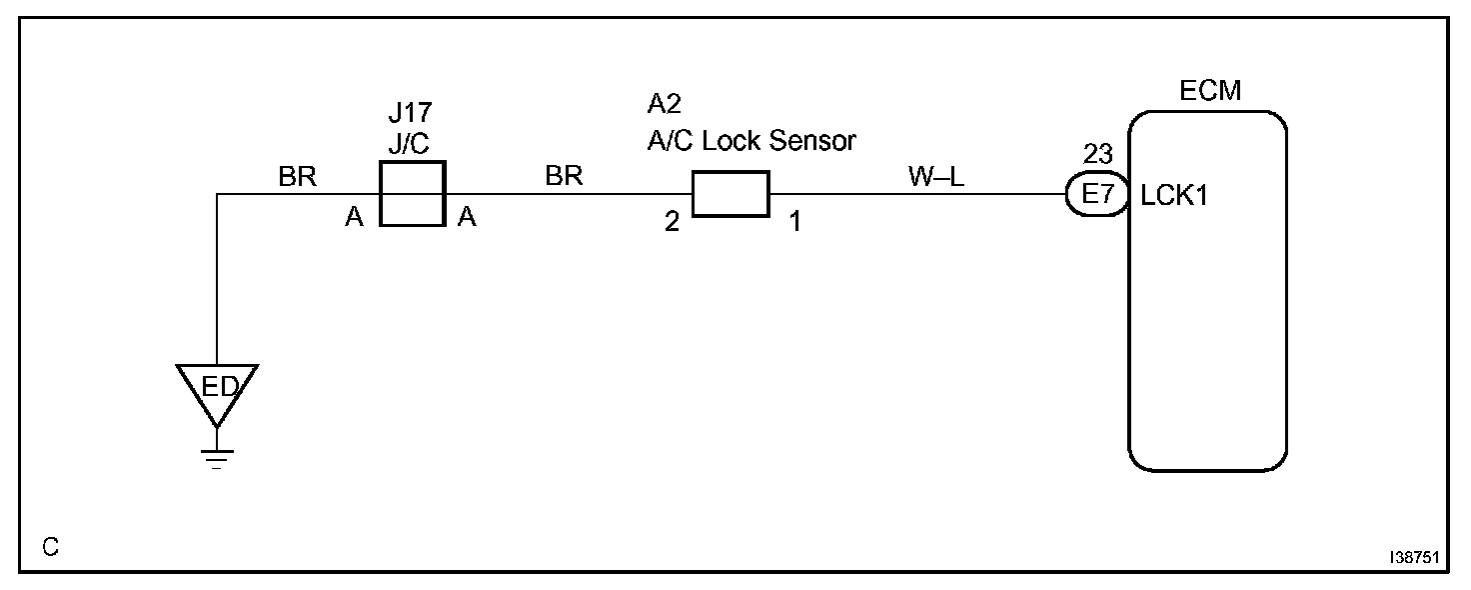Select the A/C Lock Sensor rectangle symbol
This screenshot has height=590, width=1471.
coord(730,193)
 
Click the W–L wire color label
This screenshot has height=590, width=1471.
coord(935,176)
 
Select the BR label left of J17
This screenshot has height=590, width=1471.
coord(297,177)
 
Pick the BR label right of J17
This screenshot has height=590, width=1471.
coord(564,176)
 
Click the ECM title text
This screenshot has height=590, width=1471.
coord(1210,91)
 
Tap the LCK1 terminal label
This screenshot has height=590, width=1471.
coord(1174,195)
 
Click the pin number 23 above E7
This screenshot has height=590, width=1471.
coord(1097,156)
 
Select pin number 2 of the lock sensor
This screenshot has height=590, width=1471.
coord(672,222)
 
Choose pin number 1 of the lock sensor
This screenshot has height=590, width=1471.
coord(795,222)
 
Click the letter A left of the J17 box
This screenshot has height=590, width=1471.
coord(354,219)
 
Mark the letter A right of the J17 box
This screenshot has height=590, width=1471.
coord(467,219)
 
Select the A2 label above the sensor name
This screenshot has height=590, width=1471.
coord(665,105)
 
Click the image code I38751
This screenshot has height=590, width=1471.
coord(1413,557)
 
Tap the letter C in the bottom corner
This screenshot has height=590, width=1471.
coord(51,547)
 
